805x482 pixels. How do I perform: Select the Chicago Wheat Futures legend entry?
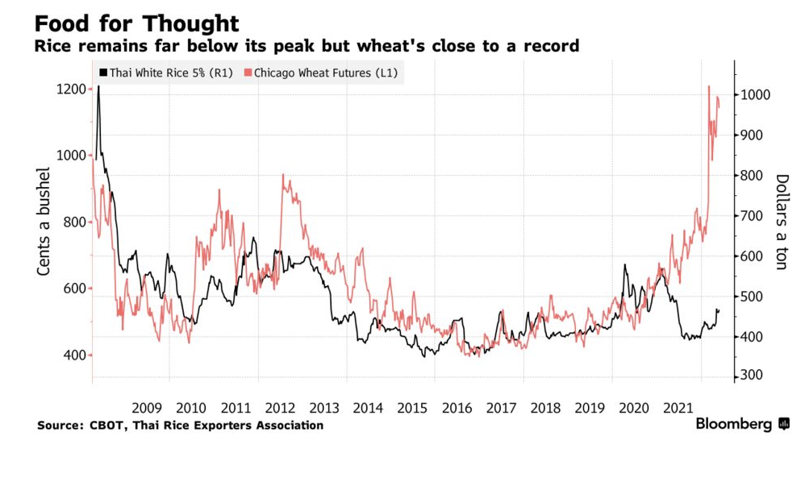coord(325,73)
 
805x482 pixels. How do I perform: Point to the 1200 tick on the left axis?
coord(72,89)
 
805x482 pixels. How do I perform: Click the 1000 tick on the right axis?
coord(757,95)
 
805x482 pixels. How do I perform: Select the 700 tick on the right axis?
coord(754,216)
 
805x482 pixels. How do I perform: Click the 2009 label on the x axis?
coord(148,407)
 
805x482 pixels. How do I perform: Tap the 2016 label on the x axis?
coord(457,407)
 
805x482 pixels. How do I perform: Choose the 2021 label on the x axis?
coord(678,407)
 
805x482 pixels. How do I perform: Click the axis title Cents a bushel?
coord(45,222)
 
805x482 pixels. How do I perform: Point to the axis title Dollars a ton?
coord(781,222)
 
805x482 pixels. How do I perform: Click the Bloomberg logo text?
coord(733,424)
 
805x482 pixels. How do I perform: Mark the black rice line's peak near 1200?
coord(98,86)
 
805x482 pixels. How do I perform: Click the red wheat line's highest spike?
coord(708,86)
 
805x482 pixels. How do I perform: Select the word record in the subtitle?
coord(552,46)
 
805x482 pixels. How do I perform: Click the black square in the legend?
coord(102,73)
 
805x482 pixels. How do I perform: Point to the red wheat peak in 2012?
coord(283,175)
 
